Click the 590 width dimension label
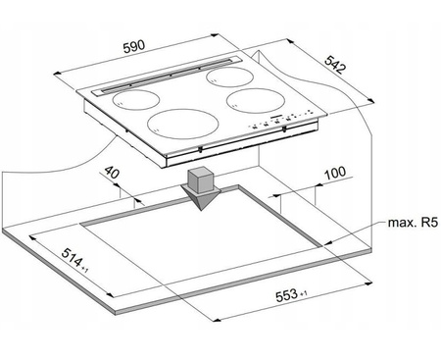point(134,46)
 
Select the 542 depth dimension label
point(335,65)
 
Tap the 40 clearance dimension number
point(112,172)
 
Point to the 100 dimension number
point(335,173)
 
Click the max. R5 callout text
point(413,223)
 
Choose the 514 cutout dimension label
point(72,258)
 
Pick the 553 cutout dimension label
point(287,296)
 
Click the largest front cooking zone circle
point(182,125)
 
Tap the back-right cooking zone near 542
point(230,77)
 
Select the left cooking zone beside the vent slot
point(136,99)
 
